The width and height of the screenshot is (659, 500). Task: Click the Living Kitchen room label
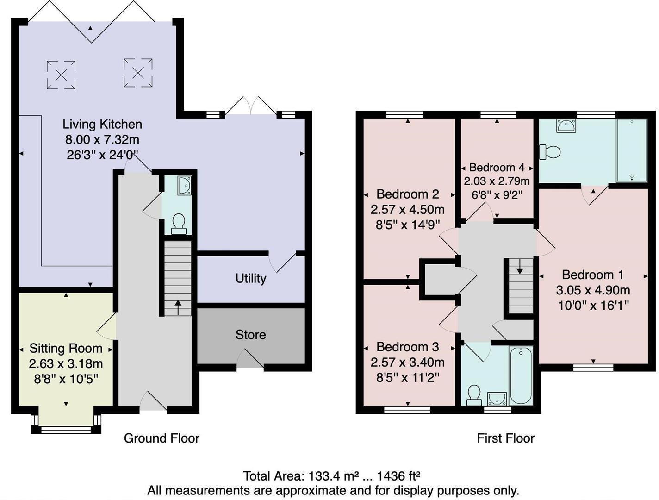[102, 124]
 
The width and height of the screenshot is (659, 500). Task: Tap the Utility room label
[250, 278]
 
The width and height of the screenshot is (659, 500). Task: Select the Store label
[250, 335]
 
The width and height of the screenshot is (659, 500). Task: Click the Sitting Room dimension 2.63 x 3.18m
[66, 363]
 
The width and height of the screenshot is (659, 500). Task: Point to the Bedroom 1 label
[593, 275]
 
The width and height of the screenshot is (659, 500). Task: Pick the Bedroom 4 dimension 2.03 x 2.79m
[497, 181]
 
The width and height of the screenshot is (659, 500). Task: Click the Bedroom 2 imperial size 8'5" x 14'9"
[407, 225]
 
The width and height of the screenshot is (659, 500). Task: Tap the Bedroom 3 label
[407, 347]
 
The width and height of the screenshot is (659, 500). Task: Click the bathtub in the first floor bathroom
[521, 375]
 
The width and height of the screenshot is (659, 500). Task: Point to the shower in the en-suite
[631, 150]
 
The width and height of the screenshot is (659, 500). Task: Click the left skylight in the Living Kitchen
[61, 74]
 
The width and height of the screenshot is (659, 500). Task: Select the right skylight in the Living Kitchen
[138, 72]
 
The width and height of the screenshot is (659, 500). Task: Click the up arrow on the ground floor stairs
[178, 304]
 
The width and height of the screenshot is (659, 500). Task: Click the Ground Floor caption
[162, 438]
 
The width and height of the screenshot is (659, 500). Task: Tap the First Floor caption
[505, 438]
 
